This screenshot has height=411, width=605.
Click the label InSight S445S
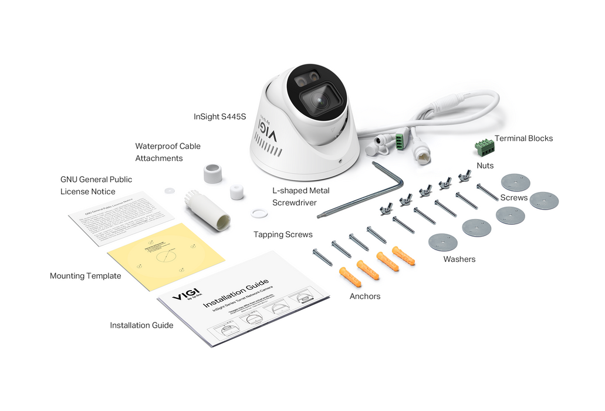tap(219, 117)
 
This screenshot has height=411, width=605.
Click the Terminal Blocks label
tap(523, 139)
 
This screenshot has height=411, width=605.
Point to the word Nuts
tap(485, 166)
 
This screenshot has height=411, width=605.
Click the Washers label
tap(459, 259)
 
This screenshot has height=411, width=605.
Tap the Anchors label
tap(364, 297)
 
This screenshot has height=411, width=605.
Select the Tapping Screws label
tap(283, 235)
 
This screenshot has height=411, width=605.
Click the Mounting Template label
tap(85, 276)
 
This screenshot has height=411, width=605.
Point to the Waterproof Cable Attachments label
tap(167, 152)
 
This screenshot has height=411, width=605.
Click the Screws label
tap(513, 198)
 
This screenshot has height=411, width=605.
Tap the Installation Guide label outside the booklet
tap(141, 325)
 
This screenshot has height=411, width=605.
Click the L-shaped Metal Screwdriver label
tap(300, 197)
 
